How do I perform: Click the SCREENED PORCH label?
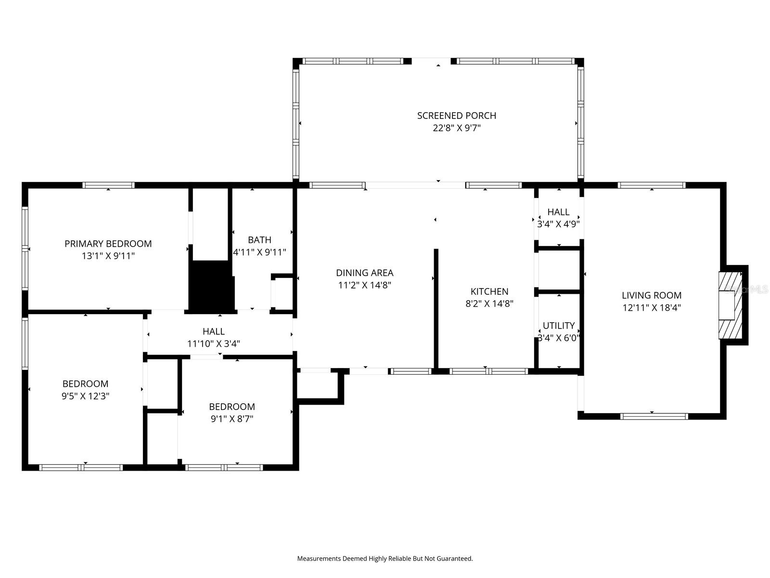pyautogui.click(x=456, y=116)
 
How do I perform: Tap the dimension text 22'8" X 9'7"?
pyautogui.click(x=456, y=128)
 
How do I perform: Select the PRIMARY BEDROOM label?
pyautogui.click(x=108, y=244)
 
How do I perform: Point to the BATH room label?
pyautogui.click(x=259, y=240)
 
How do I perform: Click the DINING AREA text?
pyautogui.click(x=364, y=273)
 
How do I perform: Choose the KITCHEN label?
pyautogui.click(x=489, y=291)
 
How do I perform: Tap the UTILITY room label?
pyautogui.click(x=558, y=326)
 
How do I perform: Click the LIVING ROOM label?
pyautogui.click(x=651, y=295)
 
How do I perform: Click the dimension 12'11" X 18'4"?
pyautogui.click(x=651, y=308)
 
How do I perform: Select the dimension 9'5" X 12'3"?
pyautogui.click(x=85, y=396)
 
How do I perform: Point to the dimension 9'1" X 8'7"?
pyautogui.click(x=231, y=419)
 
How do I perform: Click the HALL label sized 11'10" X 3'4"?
pyautogui.click(x=213, y=331)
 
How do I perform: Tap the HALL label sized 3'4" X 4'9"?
pyautogui.click(x=558, y=212)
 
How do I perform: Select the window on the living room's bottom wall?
pyautogui.click(x=654, y=416)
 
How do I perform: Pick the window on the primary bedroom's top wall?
pyautogui.click(x=108, y=185)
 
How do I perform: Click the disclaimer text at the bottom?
pyautogui.click(x=385, y=559)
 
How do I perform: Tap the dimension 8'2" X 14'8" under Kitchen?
pyautogui.click(x=489, y=304)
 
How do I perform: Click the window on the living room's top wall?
pyautogui.click(x=651, y=185)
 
